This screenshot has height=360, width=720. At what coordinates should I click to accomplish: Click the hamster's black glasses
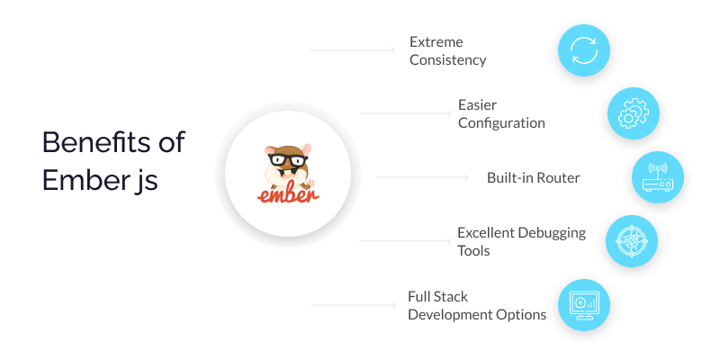[288, 160]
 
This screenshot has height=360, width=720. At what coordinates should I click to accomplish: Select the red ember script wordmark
[288, 194]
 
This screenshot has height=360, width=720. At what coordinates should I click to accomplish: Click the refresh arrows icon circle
[583, 50]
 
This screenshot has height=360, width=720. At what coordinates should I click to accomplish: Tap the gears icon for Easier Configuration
[634, 113]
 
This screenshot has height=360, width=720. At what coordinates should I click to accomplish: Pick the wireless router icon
[658, 177]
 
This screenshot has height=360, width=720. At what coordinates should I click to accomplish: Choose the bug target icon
[632, 241]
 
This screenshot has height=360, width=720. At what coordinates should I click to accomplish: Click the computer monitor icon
[583, 305]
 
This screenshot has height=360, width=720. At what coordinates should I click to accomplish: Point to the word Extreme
[436, 41]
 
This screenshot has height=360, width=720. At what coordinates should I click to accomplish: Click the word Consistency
[447, 60]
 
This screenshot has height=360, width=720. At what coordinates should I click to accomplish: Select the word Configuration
[501, 123]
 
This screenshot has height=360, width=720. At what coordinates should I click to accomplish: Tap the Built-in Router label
[534, 177]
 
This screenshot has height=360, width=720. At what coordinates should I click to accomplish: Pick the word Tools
[473, 251]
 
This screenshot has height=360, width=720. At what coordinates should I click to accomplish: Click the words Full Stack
[437, 297]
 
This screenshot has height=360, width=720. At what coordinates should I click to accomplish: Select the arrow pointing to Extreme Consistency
[352, 50]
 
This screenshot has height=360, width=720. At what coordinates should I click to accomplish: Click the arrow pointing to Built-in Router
[422, 177]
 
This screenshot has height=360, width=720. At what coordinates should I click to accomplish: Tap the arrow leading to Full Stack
[354, 304]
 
